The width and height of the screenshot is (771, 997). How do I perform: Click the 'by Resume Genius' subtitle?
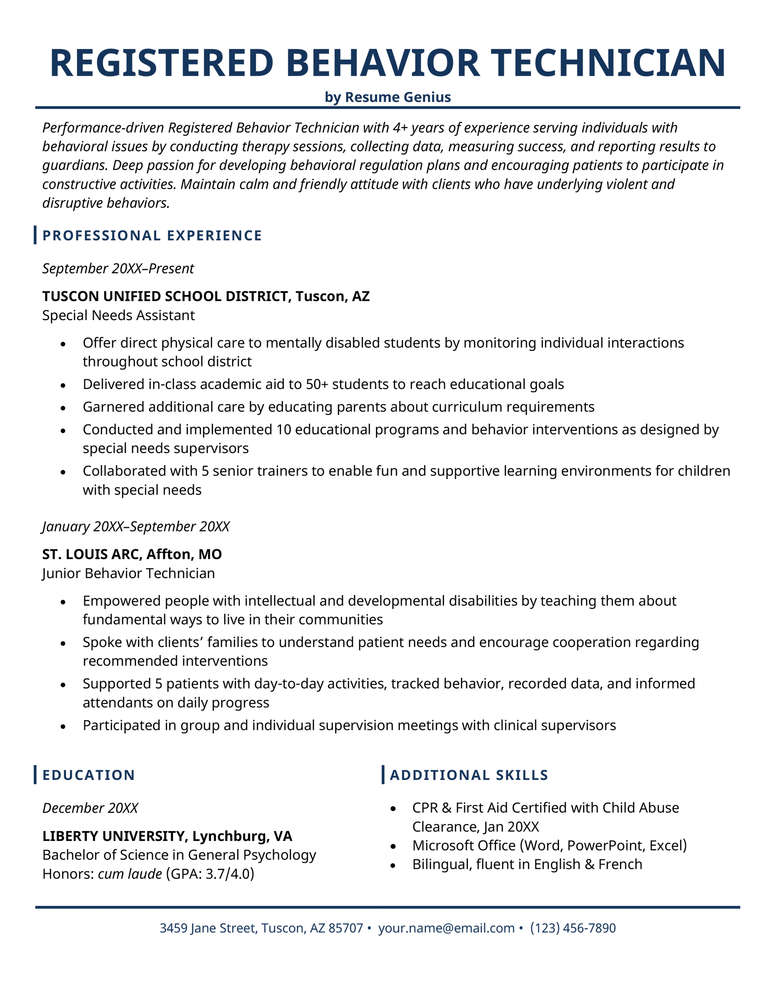388,97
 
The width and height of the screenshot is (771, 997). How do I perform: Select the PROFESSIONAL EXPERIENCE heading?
152,235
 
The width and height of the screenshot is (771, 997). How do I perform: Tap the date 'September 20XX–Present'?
118,269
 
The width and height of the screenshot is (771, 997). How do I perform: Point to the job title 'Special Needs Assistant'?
119,315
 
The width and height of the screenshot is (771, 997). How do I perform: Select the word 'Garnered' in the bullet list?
114,407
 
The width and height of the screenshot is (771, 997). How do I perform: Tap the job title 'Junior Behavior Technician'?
129,573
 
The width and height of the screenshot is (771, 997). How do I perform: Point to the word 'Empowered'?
120,601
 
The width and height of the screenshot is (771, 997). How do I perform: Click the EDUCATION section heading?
89,775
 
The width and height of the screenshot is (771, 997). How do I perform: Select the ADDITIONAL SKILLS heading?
469,775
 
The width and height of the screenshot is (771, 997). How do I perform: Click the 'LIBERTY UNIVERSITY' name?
113,836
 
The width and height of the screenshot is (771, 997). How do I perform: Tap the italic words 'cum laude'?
130,874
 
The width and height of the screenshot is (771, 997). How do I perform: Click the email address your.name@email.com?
446,928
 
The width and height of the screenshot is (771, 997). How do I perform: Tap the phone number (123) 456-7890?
573,928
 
